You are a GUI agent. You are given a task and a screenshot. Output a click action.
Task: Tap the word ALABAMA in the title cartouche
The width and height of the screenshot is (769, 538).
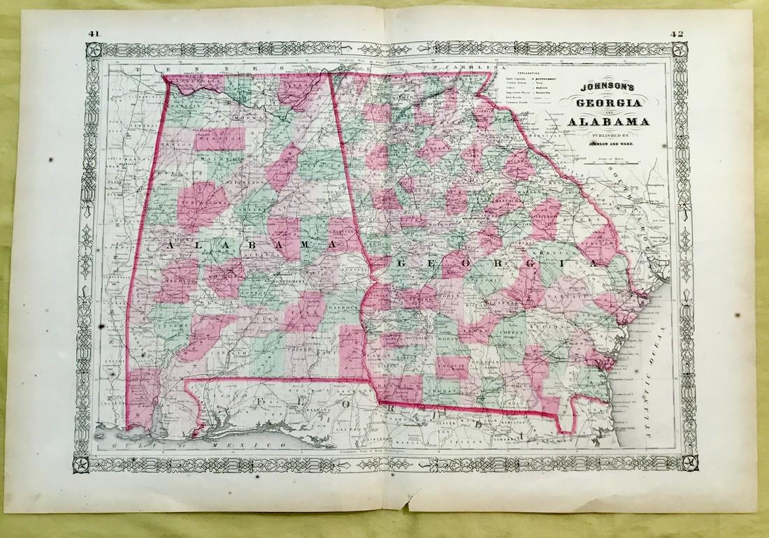tap(608, 124)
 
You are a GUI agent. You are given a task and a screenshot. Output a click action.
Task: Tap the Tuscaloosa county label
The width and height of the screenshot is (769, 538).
tap(198, 198)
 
